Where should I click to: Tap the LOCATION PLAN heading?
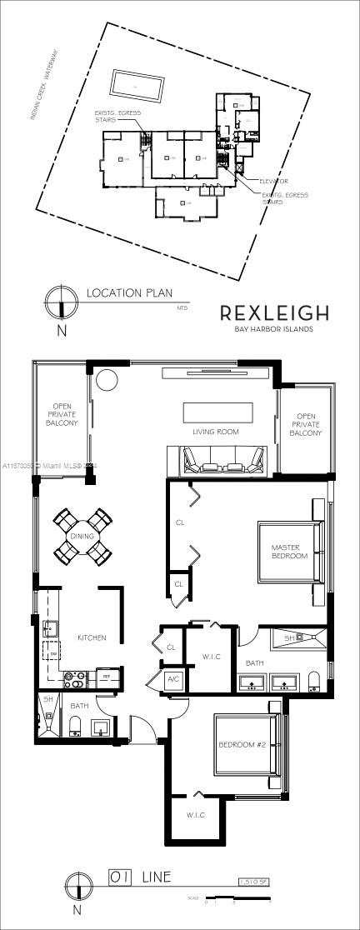coord(129,292)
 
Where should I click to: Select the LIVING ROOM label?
coord(216,432)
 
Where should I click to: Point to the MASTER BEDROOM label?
coord(289,552)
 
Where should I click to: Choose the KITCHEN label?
coord(92,637)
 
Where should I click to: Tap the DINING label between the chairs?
coord(82,537)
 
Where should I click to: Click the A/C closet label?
coord(174,679)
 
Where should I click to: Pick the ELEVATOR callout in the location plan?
coord(273,181)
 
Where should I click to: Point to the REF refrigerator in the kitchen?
coord(107,678)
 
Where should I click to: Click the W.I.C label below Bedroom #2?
coord(196,815)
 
